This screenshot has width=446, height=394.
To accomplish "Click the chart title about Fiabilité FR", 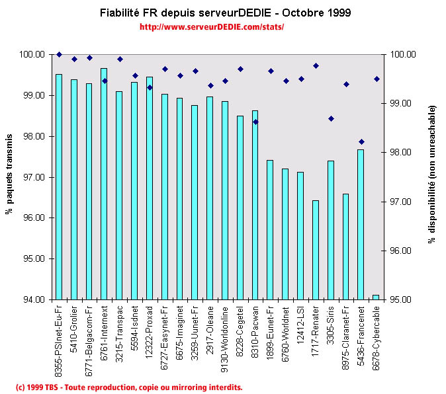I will point(226,13).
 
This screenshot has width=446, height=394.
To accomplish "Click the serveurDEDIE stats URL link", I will point(212,27).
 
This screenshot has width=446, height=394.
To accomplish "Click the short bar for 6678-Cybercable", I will point(376,297).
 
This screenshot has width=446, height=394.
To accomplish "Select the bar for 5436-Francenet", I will point(361,225).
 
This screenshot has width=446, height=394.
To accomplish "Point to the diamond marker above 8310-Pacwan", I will point(255,122).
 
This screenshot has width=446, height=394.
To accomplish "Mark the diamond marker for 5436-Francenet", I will point(361,141).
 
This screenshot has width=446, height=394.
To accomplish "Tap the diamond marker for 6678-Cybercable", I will point(377,79).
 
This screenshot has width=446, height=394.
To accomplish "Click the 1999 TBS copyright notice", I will point(128,387).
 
